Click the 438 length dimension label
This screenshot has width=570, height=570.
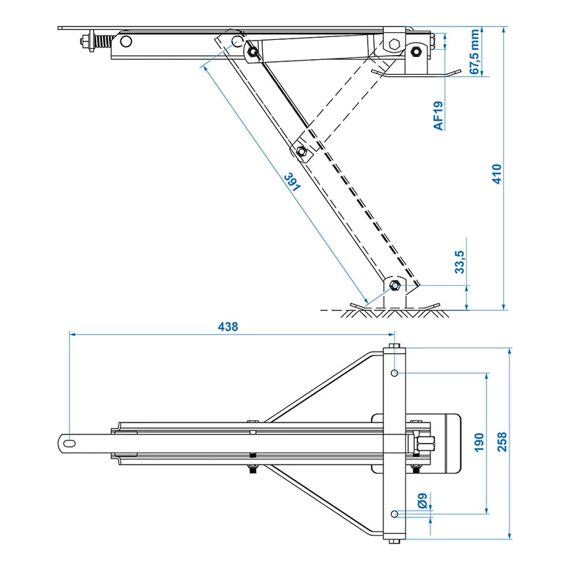tap(228, 326)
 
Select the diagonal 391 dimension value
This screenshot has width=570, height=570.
tap(293, 182)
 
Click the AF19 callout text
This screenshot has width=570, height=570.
tap(439, 115)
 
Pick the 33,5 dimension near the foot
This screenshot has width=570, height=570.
tap(460, 261)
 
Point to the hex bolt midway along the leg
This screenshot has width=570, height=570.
tap(301, 150)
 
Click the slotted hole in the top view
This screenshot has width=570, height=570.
tap(69, 443)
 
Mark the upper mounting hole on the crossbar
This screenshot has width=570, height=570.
tap(394, 373)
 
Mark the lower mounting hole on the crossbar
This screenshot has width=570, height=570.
tap(394, 513)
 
